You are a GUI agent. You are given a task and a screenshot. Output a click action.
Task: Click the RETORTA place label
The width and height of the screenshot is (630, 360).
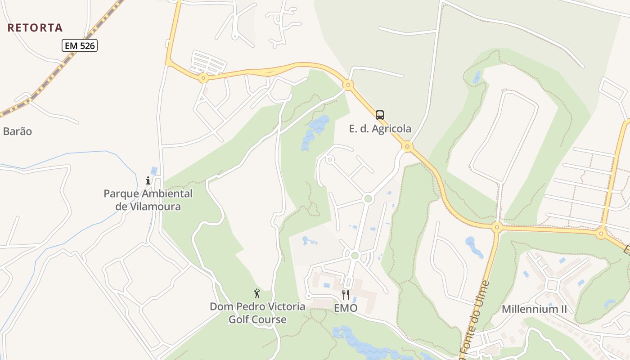35,27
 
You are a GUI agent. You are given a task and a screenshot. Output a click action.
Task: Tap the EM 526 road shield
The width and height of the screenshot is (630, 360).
80,45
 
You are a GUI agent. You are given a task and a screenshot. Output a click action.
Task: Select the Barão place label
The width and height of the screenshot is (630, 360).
18,131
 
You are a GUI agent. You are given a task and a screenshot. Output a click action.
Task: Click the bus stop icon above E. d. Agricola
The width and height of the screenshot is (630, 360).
380,115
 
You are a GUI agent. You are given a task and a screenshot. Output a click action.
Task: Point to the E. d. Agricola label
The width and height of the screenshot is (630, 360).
380,129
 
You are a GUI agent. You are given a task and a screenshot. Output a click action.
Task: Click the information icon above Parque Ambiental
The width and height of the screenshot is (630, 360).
148,180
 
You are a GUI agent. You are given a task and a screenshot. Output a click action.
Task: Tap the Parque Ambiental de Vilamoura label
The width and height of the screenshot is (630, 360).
148,200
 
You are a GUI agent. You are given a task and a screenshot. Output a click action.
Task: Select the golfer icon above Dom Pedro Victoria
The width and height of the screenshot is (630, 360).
257,293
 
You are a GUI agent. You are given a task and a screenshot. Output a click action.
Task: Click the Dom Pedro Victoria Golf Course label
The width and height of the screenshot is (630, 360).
257,313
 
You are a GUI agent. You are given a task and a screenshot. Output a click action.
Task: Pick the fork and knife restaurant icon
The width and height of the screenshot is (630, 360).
346,295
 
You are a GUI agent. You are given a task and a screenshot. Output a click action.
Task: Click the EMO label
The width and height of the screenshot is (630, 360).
346,308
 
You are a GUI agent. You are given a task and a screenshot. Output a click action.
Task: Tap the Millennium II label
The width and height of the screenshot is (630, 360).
534,309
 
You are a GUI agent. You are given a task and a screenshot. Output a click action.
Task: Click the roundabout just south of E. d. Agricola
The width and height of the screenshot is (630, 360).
407,146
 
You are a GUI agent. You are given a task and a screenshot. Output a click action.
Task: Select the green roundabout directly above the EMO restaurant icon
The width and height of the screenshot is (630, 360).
355,256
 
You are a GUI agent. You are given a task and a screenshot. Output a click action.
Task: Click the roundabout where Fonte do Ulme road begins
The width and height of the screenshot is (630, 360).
497,227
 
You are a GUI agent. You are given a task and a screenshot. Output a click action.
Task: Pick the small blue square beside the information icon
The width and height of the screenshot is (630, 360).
154,171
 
